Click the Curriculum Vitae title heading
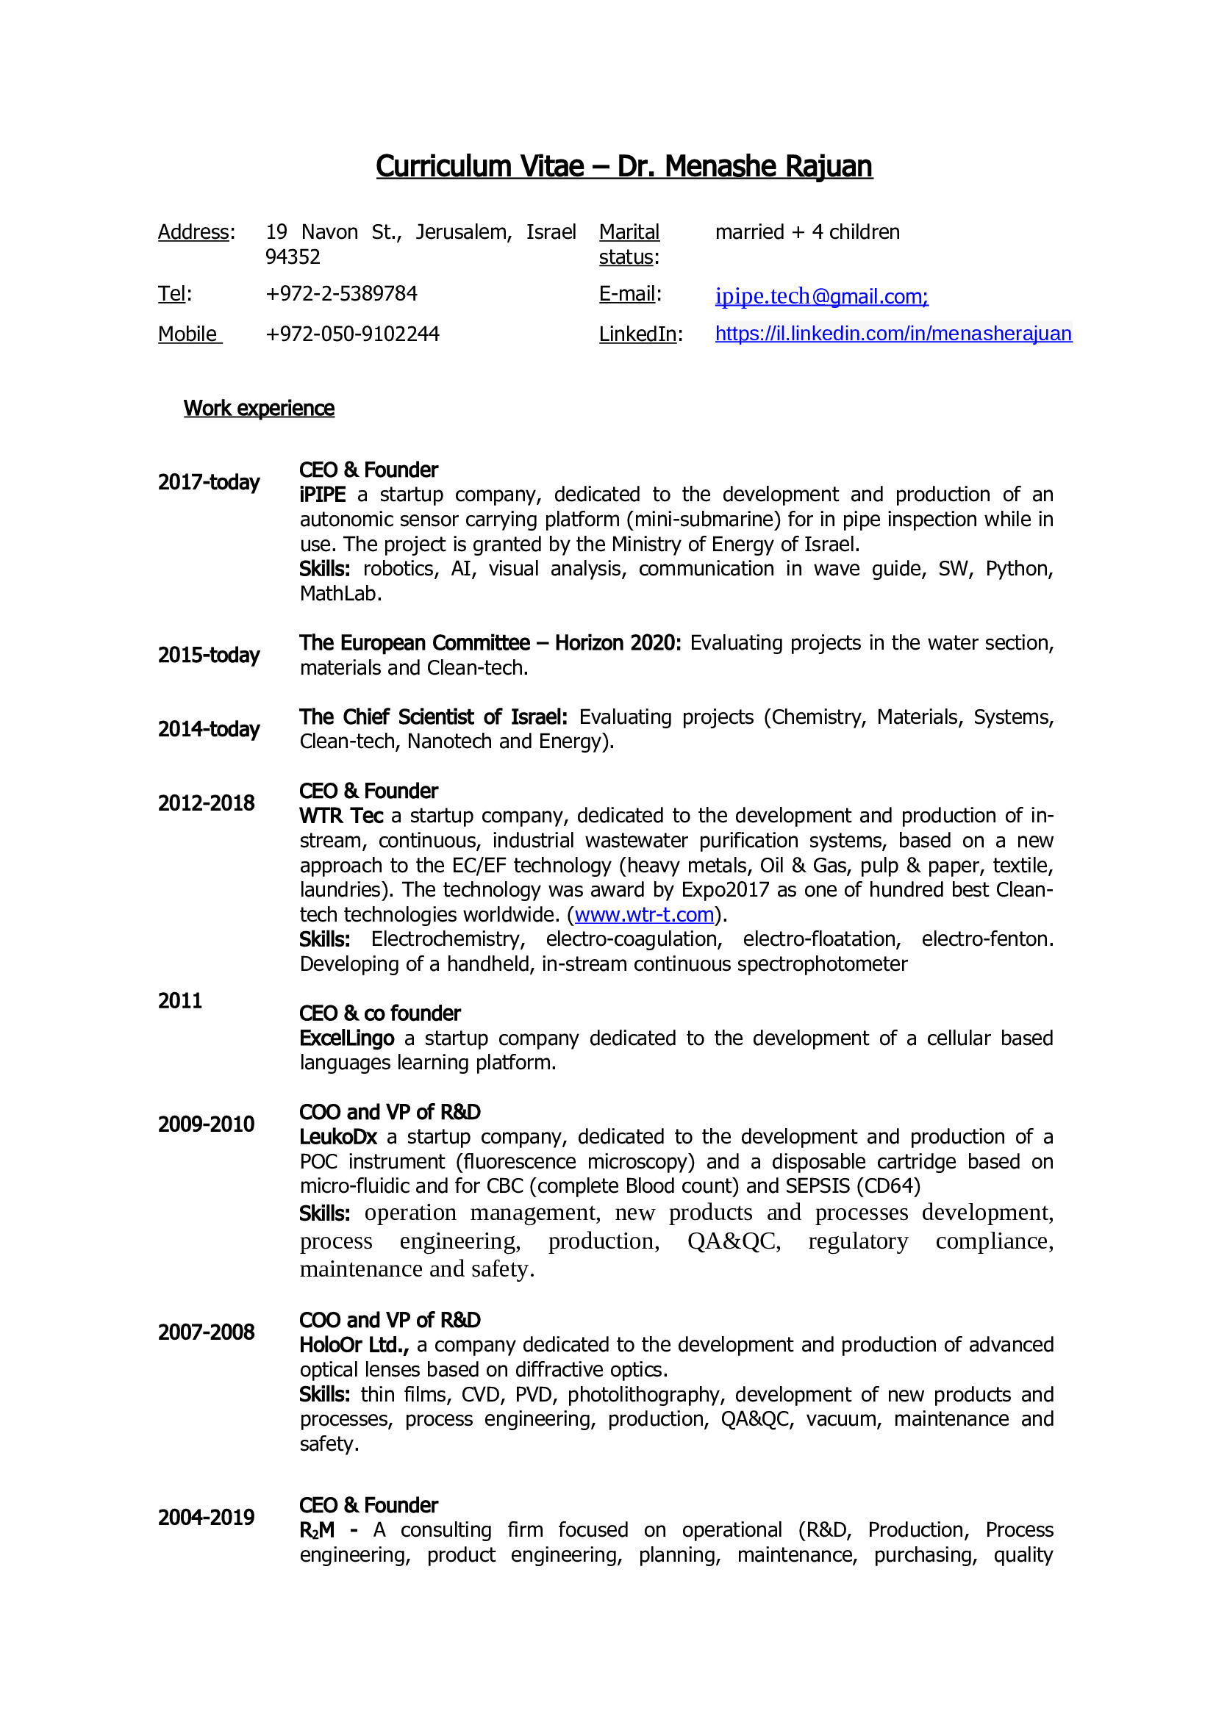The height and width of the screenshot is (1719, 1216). click(623, 166)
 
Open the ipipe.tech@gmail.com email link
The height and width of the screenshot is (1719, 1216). click(821, 296)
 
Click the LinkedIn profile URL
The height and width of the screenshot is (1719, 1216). click(893, 333)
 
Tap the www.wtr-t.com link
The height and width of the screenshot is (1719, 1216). click(644, 914)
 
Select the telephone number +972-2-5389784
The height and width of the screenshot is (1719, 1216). click(341, 293)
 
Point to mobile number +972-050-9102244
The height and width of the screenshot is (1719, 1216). click(352, 334)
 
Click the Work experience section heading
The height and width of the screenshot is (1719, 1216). click(259, 408)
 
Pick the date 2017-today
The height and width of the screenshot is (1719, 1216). click(209, 482)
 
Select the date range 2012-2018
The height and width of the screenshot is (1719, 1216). click(206, 803)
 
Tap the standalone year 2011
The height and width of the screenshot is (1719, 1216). click(179, 1001)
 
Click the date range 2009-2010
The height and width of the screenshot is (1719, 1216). click(206, 1124)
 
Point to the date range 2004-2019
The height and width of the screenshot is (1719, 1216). click(206, 1518)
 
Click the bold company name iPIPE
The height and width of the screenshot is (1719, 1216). click(323, 495)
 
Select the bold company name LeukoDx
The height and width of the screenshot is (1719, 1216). click(338, 1137)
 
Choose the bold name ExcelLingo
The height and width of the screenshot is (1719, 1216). click(347, 1038)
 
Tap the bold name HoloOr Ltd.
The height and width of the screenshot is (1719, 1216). click(354, 1346)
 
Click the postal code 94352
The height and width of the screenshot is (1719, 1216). click(293, 256)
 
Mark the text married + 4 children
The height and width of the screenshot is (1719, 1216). click(807, 232)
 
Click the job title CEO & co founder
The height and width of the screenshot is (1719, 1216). click(379, 1013)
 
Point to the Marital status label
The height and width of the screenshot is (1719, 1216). click(629, 244)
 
